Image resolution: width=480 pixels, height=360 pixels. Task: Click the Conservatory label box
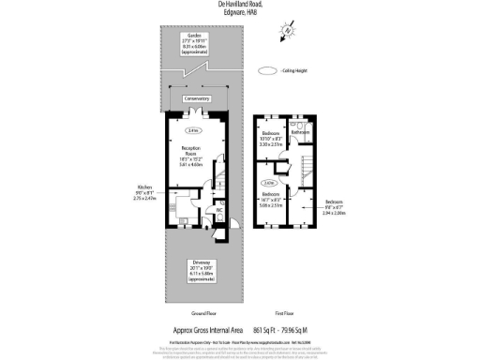[x=196, y=98]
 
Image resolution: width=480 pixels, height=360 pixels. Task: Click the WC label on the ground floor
[x=218, y=210]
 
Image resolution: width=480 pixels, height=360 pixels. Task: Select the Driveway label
[x=197, y=265]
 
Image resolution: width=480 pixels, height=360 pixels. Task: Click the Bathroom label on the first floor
[x=300, y=133]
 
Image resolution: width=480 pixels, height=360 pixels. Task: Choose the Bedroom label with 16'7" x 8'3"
[x=271, y=199]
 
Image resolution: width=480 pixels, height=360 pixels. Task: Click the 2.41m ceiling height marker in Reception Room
[x=191, y=129]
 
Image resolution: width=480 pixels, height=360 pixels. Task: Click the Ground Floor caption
[x=193, y=313]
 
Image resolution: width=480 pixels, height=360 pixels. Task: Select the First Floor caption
[x=284, y=313]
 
